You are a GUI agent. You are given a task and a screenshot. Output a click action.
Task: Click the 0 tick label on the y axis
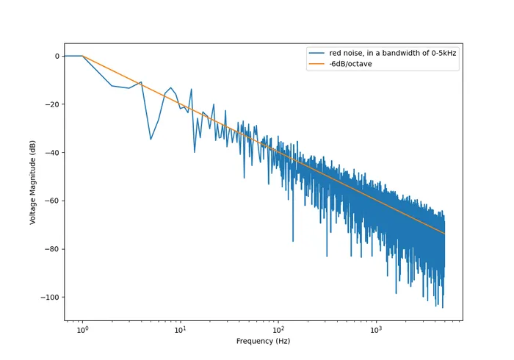(x=56, y=56)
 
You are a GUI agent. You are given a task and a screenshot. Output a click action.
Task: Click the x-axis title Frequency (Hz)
(x=263, y=342)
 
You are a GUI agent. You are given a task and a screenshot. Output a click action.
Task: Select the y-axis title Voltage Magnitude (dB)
(x=33, y=181)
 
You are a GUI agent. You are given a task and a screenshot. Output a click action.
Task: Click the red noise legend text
(x=392, y=54)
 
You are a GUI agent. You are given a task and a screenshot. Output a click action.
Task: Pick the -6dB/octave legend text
(x=350, y=64)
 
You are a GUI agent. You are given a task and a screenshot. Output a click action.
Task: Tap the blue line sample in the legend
(x=317, y=54)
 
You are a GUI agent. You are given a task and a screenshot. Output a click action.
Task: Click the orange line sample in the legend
(x=317, y=64)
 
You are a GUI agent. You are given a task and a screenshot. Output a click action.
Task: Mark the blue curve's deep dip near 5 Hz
(x=151, y=140)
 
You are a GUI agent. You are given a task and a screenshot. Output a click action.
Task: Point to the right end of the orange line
(x=444, y=233)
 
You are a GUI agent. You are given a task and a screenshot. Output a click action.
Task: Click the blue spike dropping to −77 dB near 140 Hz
(x=293, y=241)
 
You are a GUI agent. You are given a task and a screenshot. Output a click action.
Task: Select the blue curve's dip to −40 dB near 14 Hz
(x=195, y=152)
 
